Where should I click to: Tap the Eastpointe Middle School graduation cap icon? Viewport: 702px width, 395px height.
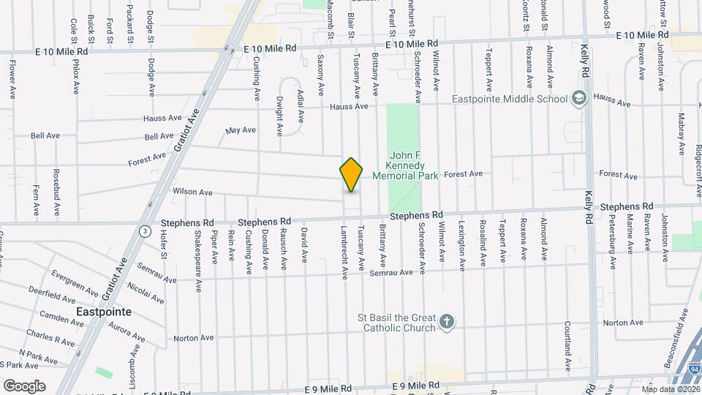coord(579,99)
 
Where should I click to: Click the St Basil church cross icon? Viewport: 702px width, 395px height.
coord(447,321)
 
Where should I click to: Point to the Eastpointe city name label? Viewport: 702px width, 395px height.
coord(104,312)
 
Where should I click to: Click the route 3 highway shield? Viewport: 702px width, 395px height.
coord(146,231)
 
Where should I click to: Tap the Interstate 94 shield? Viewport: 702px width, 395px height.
coord(692,369)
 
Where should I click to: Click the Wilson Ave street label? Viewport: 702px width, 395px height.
coord(192,192)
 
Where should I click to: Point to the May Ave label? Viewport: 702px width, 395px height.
coord(241,130)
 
